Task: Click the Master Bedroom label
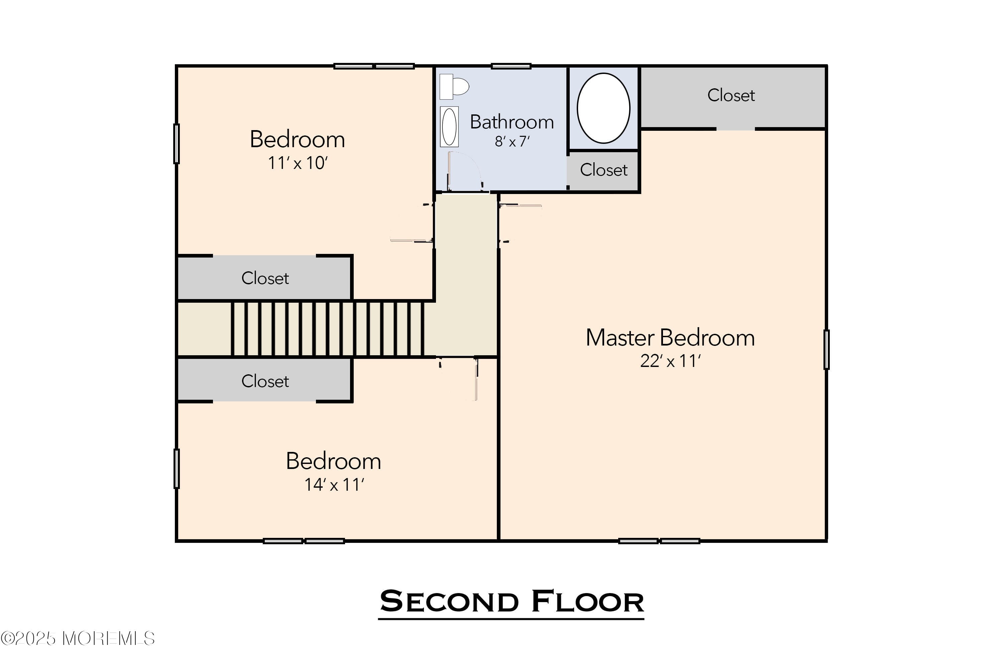(670, 338)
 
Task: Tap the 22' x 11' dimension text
(670, 361)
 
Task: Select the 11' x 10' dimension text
(297, 163)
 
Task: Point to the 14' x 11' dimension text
(333, 485)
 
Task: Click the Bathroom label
(512, 122)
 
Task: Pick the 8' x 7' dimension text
(512, 141)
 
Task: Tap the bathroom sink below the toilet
(449, 127)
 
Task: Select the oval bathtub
(603, 108)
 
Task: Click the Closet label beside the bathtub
(603, 170)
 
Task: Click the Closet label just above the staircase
(265, 278)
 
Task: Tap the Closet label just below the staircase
(265, 381)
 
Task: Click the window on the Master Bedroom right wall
(826, 350)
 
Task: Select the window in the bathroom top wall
(511, 66)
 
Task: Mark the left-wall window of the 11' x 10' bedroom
(177, 144)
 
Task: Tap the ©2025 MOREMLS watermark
(78, 639)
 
